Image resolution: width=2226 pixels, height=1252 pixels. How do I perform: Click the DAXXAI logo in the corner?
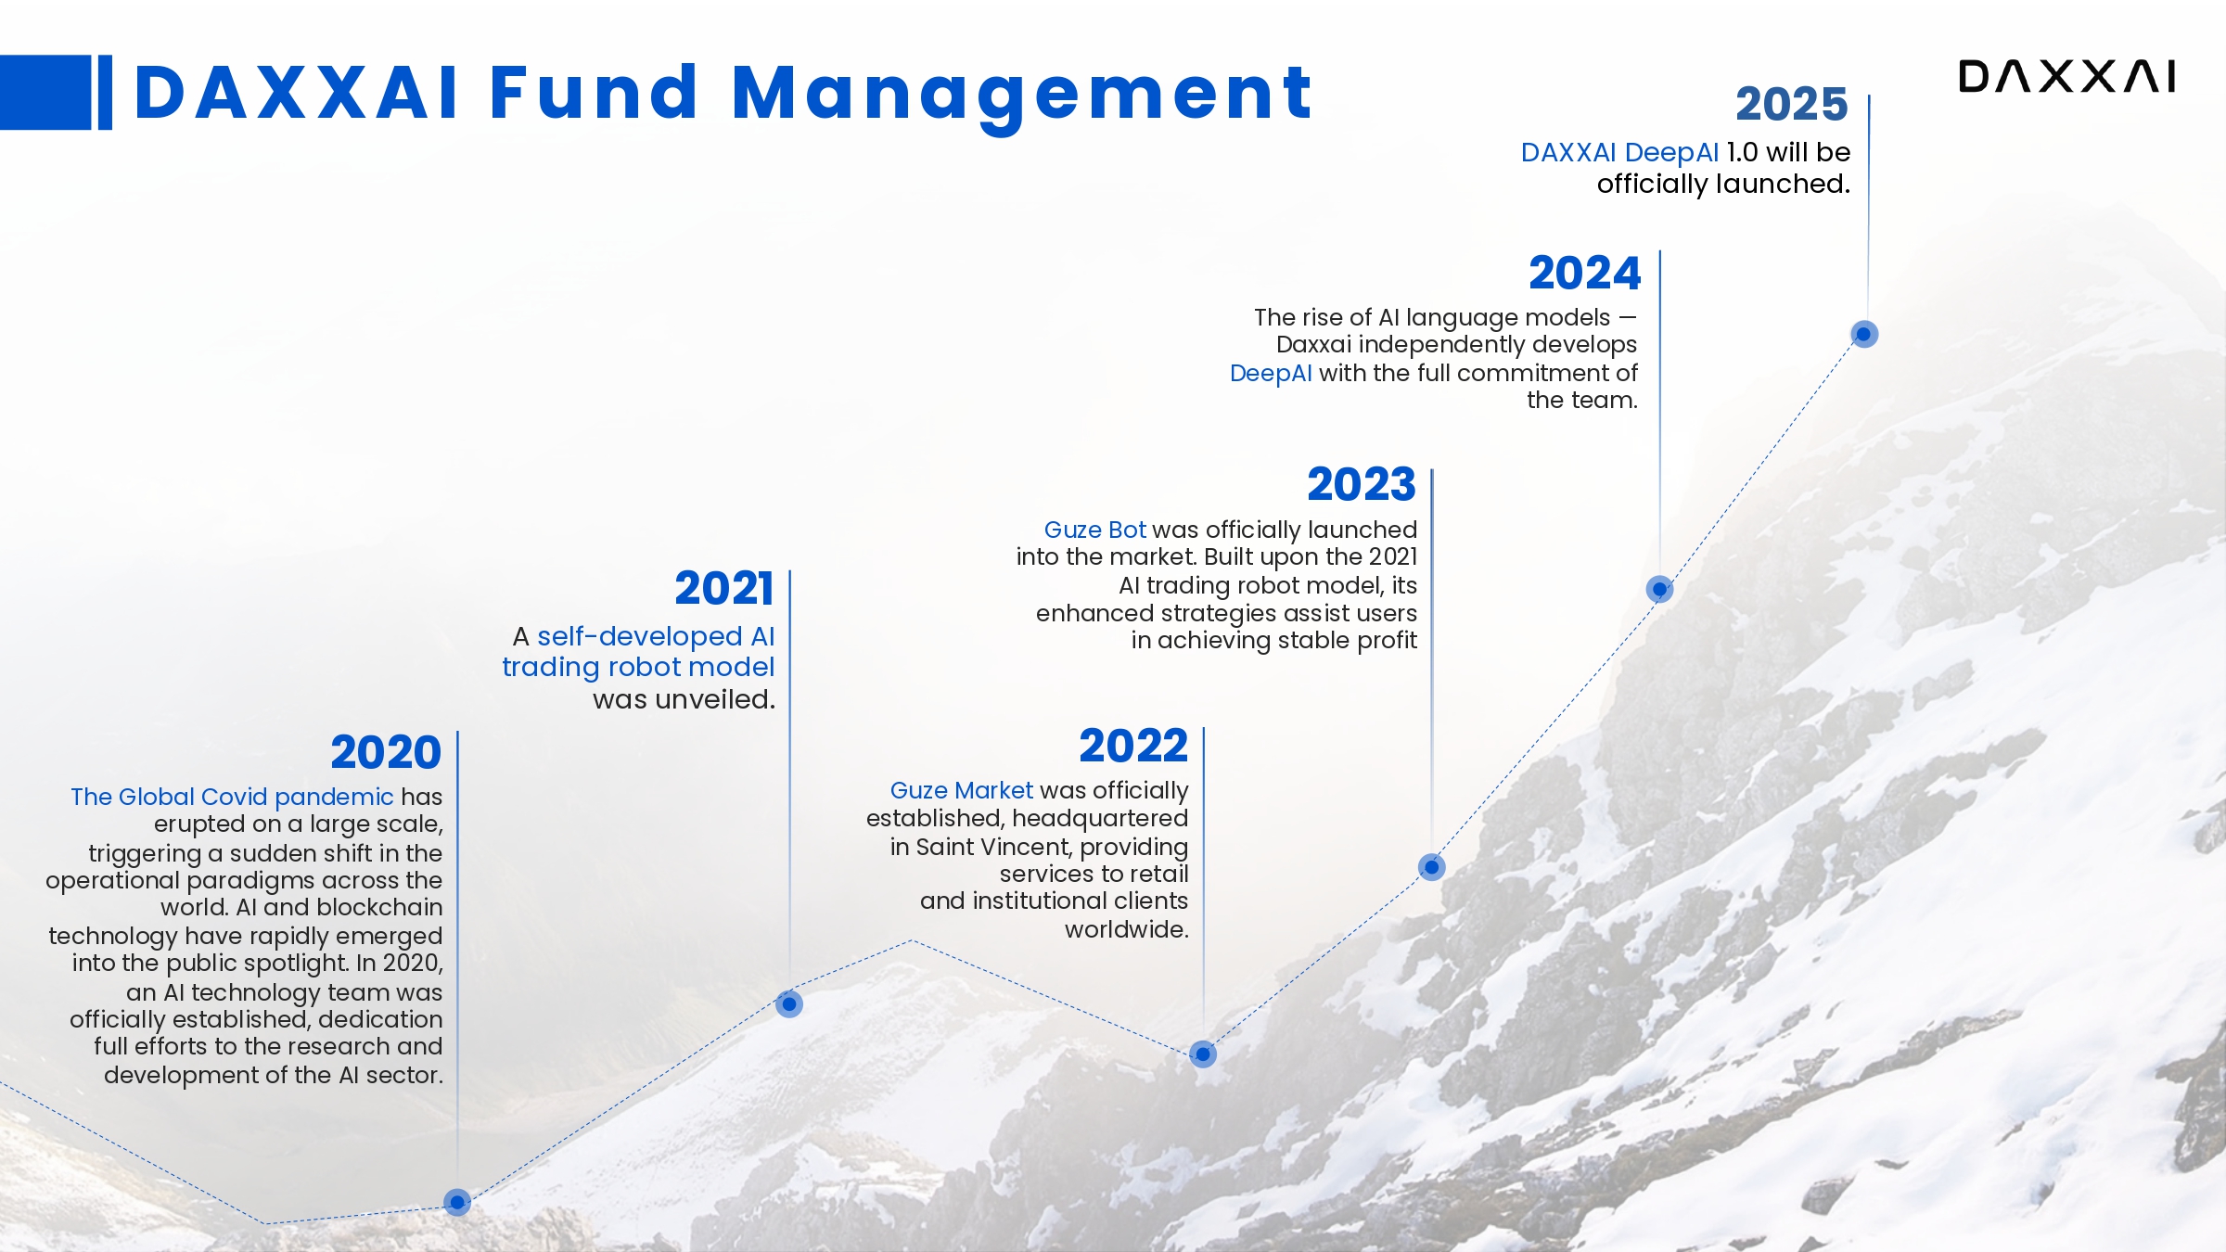[2066, 76]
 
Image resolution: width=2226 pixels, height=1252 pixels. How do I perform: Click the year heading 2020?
[386, 752]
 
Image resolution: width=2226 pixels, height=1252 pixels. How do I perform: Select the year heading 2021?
[724, 588]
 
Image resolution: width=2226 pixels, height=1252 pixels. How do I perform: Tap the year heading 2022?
[1133, 746]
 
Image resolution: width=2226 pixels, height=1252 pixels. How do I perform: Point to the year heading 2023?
[1362, 484]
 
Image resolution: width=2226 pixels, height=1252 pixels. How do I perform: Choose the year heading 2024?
[1585, 273]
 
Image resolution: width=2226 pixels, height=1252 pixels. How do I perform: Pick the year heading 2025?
[1792, 104]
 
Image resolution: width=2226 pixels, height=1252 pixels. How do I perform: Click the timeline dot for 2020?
[457, 1203]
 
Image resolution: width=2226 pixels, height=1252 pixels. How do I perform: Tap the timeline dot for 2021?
[789, 1003]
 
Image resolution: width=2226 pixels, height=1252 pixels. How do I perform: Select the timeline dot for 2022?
[1203, 1054]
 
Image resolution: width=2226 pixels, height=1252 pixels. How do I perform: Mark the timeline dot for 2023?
[1432, 867]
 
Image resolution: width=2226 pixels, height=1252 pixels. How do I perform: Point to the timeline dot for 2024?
[1659, 589]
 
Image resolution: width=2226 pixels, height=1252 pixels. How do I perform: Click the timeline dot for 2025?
[1864, 334]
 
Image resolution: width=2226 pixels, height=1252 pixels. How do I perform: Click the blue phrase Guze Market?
[961, 790]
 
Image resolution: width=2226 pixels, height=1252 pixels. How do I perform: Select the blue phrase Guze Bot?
[1095, 530]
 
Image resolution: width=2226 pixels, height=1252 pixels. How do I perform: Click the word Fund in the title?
[593, 93]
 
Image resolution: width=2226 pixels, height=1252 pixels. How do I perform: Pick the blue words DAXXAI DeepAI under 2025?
[1619, 152]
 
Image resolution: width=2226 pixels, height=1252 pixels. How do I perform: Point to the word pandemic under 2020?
[334, 798]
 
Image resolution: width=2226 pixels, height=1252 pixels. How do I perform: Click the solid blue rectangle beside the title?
[45, 93]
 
